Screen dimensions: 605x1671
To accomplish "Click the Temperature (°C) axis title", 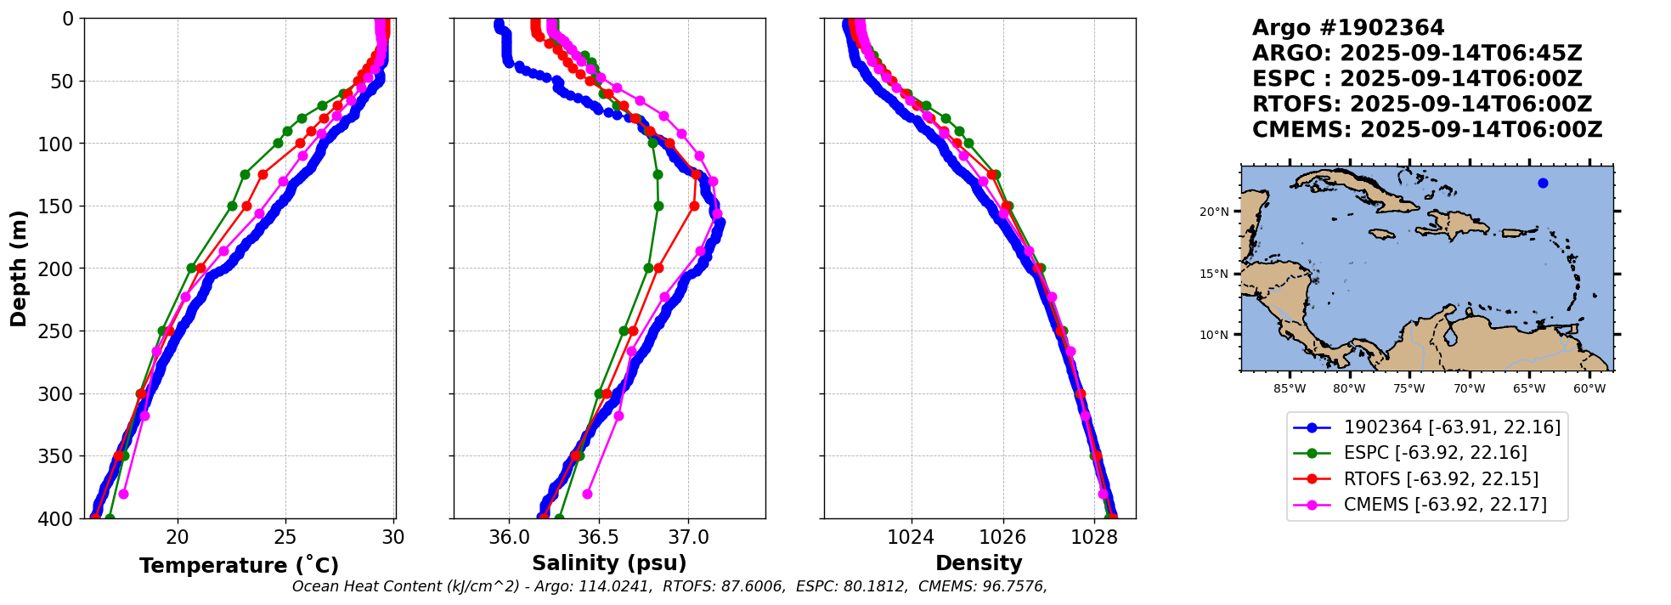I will click(x=239, y=566).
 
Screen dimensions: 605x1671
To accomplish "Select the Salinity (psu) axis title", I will click(x=609, y=563).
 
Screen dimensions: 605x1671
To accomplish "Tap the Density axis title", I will click(x=979, y=563).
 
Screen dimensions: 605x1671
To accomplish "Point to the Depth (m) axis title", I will click(x=19, y=269).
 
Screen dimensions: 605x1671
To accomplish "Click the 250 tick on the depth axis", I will click(x=62, y=331).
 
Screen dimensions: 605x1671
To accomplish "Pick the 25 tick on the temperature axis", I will click(x=285, y=537).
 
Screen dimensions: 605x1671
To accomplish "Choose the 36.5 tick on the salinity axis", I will click(x=598, y=537).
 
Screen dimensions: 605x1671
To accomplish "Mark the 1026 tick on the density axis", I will click(x=1002, y=537).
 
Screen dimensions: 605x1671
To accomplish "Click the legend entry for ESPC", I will click(x=1435, y=453).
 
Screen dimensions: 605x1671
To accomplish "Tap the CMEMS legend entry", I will click(x=1444, y=505).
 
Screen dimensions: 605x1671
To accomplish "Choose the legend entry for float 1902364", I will click(x=1452, y=427).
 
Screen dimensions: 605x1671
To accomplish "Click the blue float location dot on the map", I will click(x=1543, y=184).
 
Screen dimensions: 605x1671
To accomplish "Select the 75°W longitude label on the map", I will click(x=1408, y=389).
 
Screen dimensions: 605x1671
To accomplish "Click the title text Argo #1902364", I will click(x=1348, y=28).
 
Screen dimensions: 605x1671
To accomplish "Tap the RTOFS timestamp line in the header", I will click(x=1421, y=105).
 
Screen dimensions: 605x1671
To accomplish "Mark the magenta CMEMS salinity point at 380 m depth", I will click(x=587, y=494).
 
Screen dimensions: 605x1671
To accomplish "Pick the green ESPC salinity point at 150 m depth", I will click(x=658, y=206).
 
